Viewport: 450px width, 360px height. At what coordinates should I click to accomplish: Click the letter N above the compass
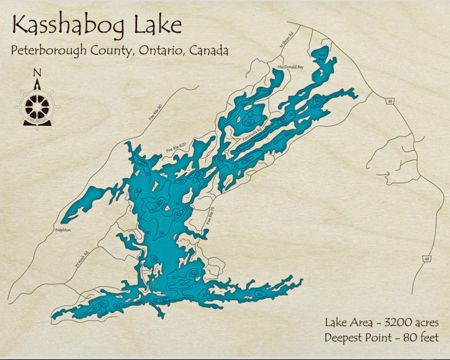point(37,73)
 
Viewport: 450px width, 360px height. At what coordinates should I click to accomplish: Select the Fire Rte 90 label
point(156,113)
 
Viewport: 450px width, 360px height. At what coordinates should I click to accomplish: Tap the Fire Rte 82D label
point(176,147)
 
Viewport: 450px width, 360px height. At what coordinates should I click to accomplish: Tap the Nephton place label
point(63,230)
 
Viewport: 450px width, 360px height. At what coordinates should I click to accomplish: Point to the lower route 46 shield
point(426,258)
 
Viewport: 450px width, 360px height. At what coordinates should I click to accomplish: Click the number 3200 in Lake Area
point(399,322)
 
